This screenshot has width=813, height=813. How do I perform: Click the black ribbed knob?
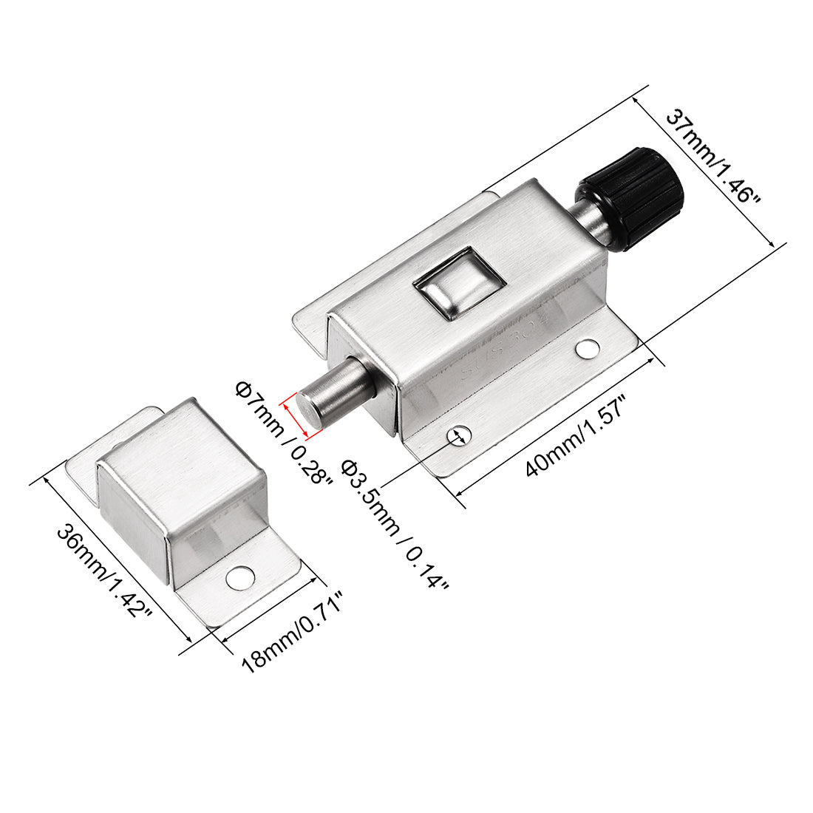coord(631,199)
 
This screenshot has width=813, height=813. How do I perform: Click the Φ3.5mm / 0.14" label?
coord(394,524)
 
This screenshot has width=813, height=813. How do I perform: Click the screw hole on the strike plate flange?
coord(240,579)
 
